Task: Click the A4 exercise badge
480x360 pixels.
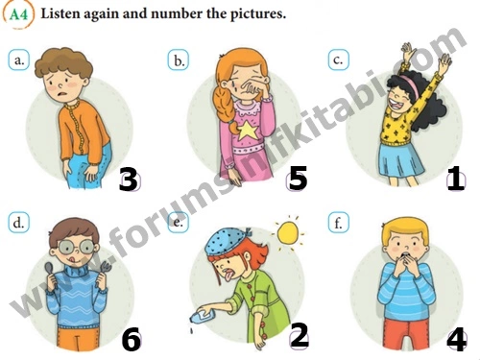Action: click(18, 14)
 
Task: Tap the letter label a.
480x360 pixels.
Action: click(18, 60)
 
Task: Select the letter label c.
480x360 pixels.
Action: click(338, 60)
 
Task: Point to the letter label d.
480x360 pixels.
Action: click(18, 222)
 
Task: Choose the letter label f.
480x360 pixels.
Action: click(338, 222)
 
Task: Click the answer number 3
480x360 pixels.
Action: click(129, 180)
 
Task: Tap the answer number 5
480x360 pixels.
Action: click(298, 178)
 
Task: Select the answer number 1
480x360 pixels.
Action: click(455, 179)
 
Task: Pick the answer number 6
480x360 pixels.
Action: click(132, 340)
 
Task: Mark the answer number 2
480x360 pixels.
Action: click(300, 335)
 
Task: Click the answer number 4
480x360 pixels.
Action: click(457, 341)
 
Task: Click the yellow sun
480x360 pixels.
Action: click(288, 233)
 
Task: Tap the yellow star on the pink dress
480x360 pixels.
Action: click(246, 131)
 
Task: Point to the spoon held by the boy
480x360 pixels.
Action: click(48, 272)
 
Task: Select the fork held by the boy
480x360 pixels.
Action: click(105, 271)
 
